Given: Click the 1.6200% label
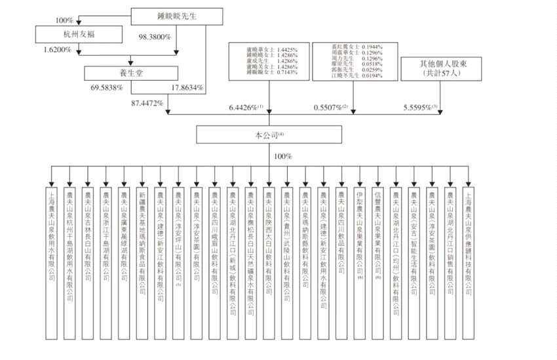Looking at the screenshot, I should pyautogui.click(x=58, y=49).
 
